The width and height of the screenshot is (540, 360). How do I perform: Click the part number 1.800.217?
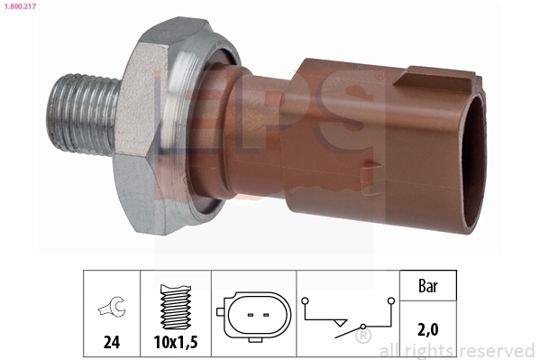pyautogui.click(x=20, y=6)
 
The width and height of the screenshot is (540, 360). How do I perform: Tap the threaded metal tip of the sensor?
pyautogui.click(x=82, y=115)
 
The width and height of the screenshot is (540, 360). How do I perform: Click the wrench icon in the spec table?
pyautogui.click(x=112, y=306)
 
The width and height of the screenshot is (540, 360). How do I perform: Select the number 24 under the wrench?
pyautogui.click(x=112, y=342)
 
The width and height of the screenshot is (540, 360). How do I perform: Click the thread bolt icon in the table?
pyautogui.click(x=176, y=307)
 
